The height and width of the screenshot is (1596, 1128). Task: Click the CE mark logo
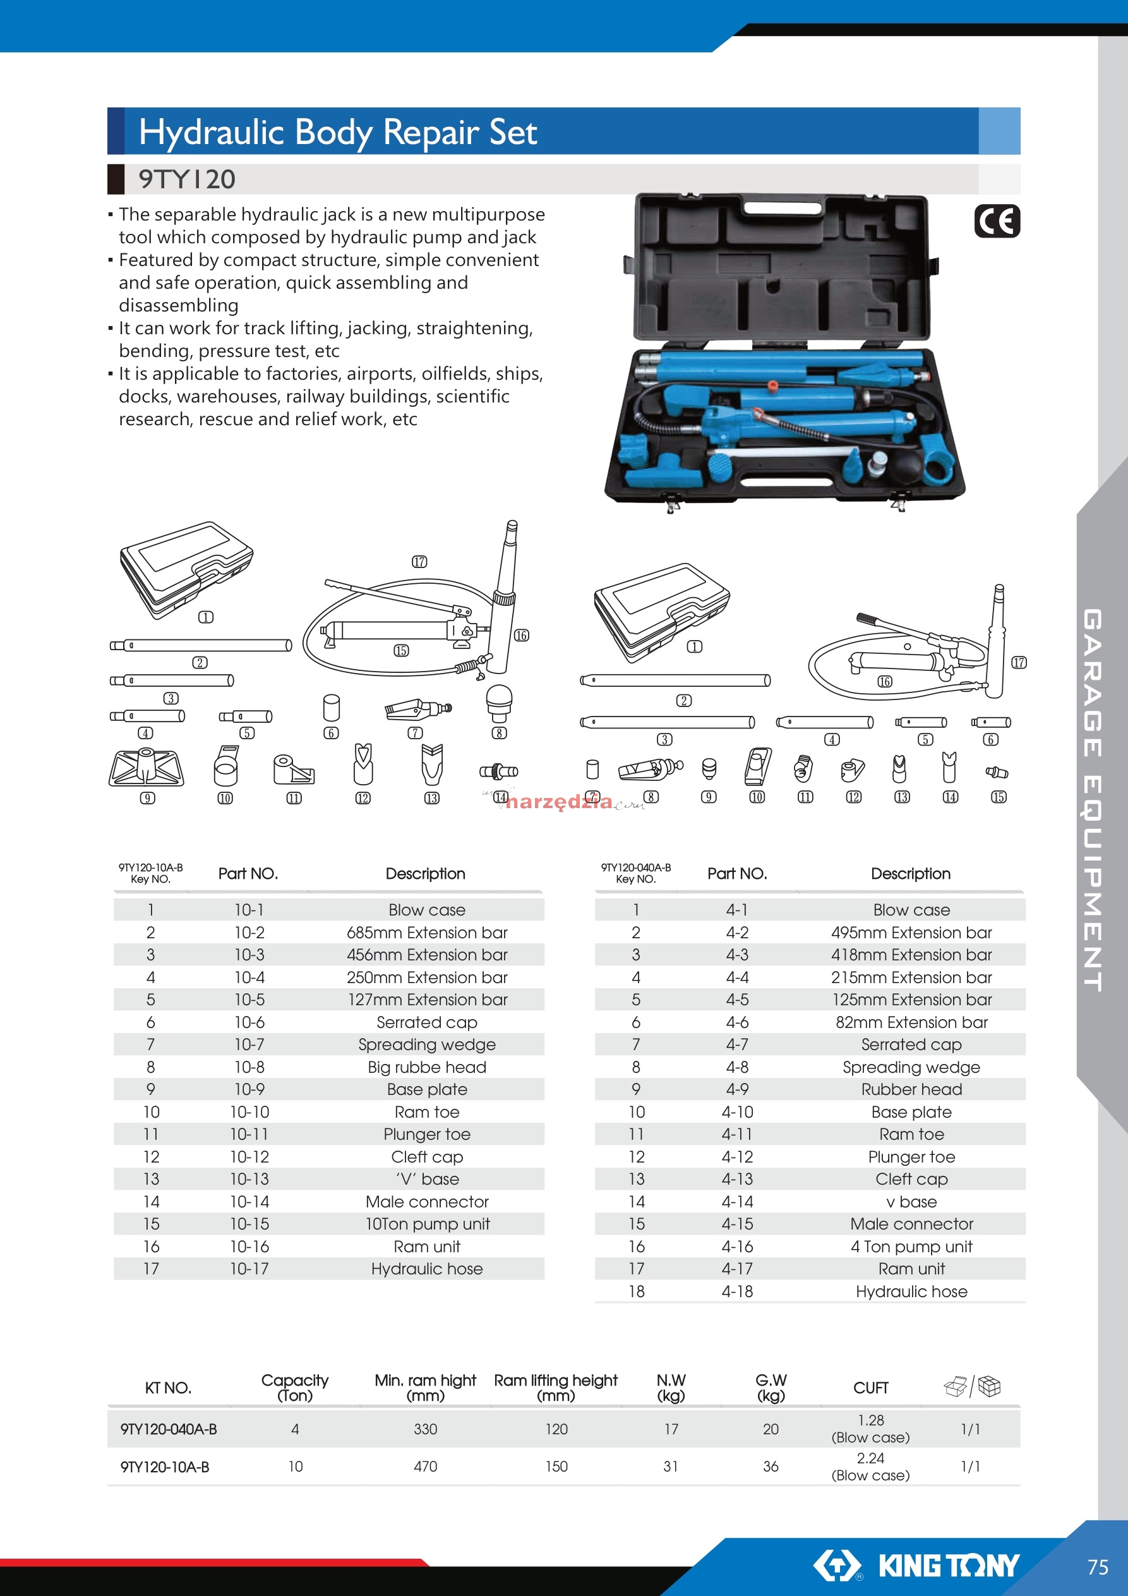pyautogui.click(x=997, y=221)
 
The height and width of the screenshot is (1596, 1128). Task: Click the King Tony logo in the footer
pyautogui.click(x=916, y=1566)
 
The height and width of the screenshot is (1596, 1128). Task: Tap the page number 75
pyautogui.click(x=1098, y=1567)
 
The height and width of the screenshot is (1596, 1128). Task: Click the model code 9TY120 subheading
pyautogui.click(x=187, y=179)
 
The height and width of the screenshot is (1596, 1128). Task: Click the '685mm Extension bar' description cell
pyautogui.click(x=427, y=932)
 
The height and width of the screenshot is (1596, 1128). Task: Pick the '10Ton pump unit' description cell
pyautogui.click(x=428, y=1223)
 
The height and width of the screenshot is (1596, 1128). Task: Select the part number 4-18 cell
pyautogui.click(x=736, y=1291)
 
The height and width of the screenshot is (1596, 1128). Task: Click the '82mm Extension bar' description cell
pyautogui.click(x=911, y=1022)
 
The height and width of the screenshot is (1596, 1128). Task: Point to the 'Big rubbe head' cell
pyautogui.click(x=427, y=1067)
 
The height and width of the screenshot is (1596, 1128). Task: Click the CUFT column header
pyautogui.click(x=870, y=1387)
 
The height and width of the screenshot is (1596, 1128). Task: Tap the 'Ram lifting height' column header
pyautogui.click(x=555, y=1381)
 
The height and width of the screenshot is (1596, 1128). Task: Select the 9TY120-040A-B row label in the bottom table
pyautogui.click(x=168, y=1429)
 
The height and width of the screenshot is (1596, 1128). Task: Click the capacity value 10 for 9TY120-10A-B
pyautogui.click(x=296, y=1466)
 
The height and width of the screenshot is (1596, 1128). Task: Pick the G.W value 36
pyautogui.click(x=771, y=1466)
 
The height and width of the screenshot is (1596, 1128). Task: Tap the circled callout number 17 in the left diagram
pyautogui.click(x=419, y=562)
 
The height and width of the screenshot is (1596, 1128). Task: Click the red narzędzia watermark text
pyautogui.click(x=560, y=802)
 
